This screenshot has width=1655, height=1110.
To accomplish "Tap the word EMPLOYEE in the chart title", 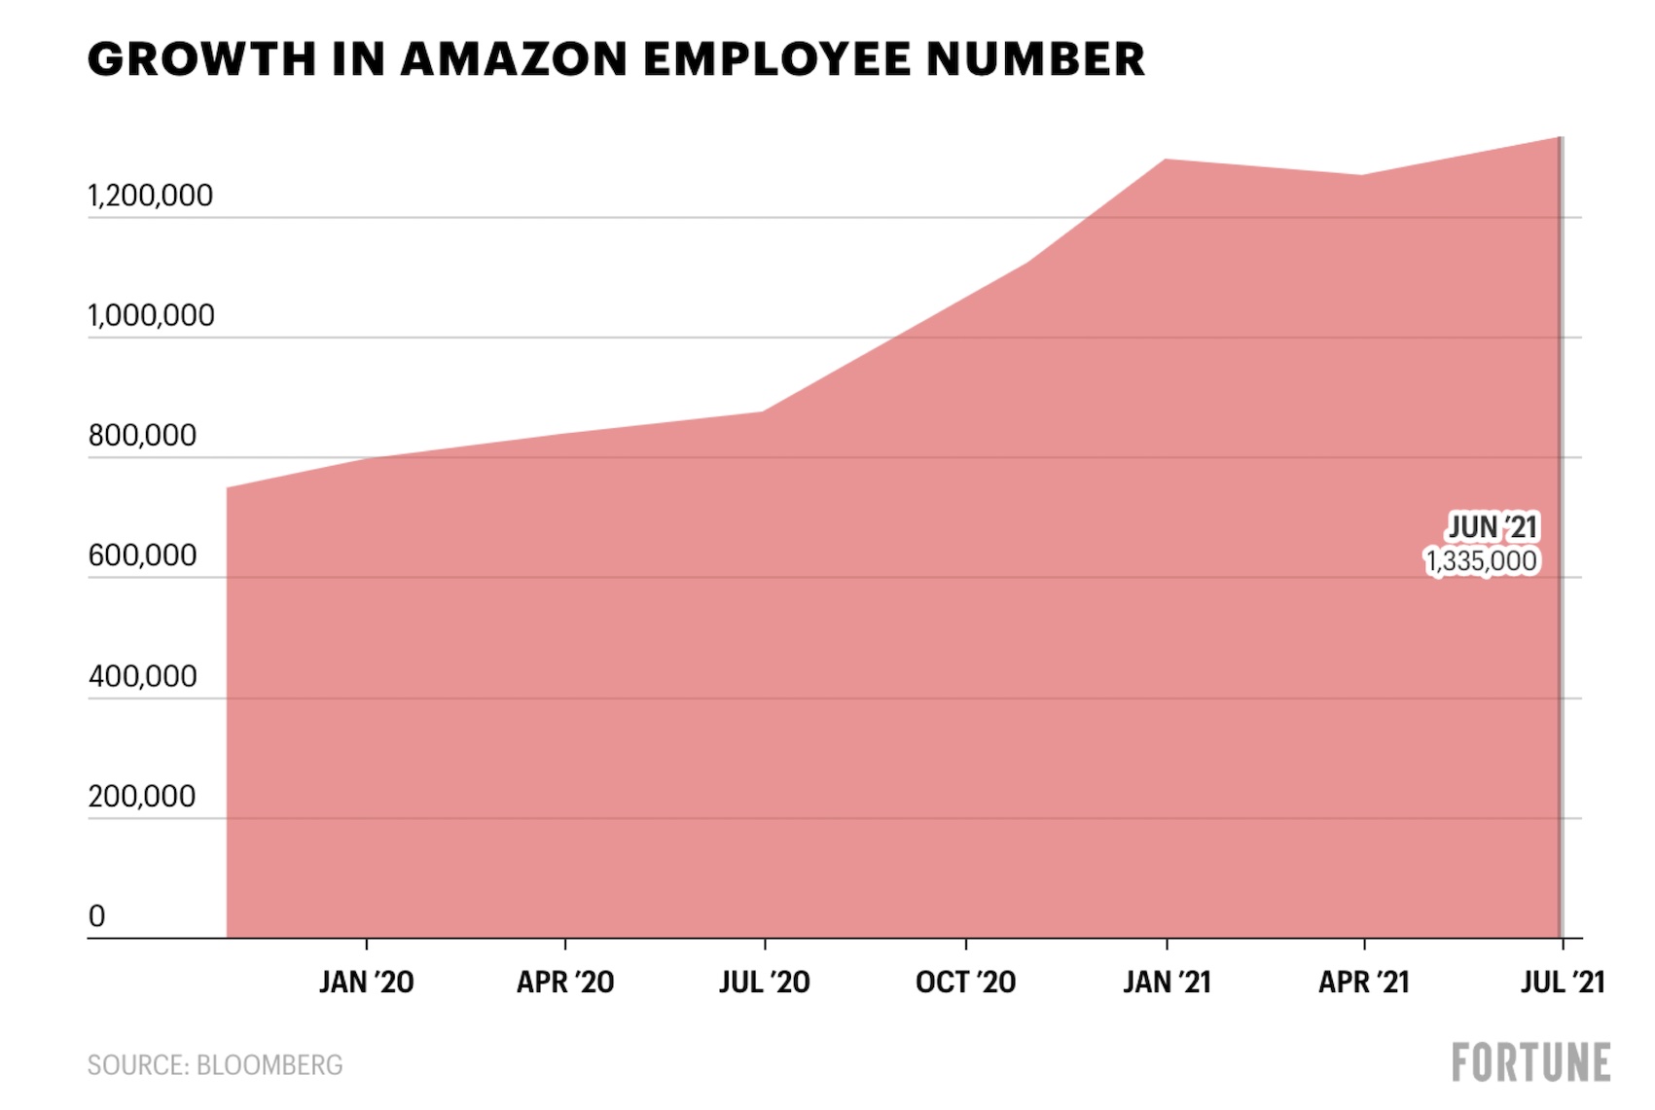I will [x=775, y=59].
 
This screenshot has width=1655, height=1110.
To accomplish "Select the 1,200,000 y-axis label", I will [x=150, y=196].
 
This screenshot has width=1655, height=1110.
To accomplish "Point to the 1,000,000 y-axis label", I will [x=151, y=316].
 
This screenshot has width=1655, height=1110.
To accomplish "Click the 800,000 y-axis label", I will [x=142, y=436].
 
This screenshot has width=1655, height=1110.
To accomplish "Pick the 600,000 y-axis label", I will [x=142, y=555].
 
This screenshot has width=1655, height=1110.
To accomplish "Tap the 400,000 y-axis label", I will [x=142, y=676].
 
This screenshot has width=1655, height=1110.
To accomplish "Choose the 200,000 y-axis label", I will [x=142, y=797].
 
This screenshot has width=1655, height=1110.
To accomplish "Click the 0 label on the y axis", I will [x=96, y=916].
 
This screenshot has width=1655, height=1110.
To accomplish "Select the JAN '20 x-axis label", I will [x=367, y=983].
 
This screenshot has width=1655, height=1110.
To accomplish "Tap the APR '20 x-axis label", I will [x=565, y=983].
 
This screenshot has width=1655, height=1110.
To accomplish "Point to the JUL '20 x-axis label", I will [x=765, y=983].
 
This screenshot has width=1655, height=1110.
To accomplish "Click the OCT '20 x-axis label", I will [x=965, y=983].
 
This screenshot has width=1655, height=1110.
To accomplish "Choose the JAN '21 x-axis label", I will [x=1167, y=983].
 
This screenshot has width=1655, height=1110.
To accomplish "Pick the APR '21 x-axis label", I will [x=1364, y=983].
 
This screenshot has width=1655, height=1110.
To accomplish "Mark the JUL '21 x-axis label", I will [x=1563, y=983].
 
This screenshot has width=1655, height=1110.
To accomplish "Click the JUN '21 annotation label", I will [x=1493, y=527].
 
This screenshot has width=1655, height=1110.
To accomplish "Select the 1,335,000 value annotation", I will [x=1481, y=561].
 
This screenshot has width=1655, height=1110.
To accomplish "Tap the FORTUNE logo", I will [x=1530, y=1062].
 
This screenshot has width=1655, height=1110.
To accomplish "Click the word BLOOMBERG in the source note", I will [x=270, y=1065].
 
